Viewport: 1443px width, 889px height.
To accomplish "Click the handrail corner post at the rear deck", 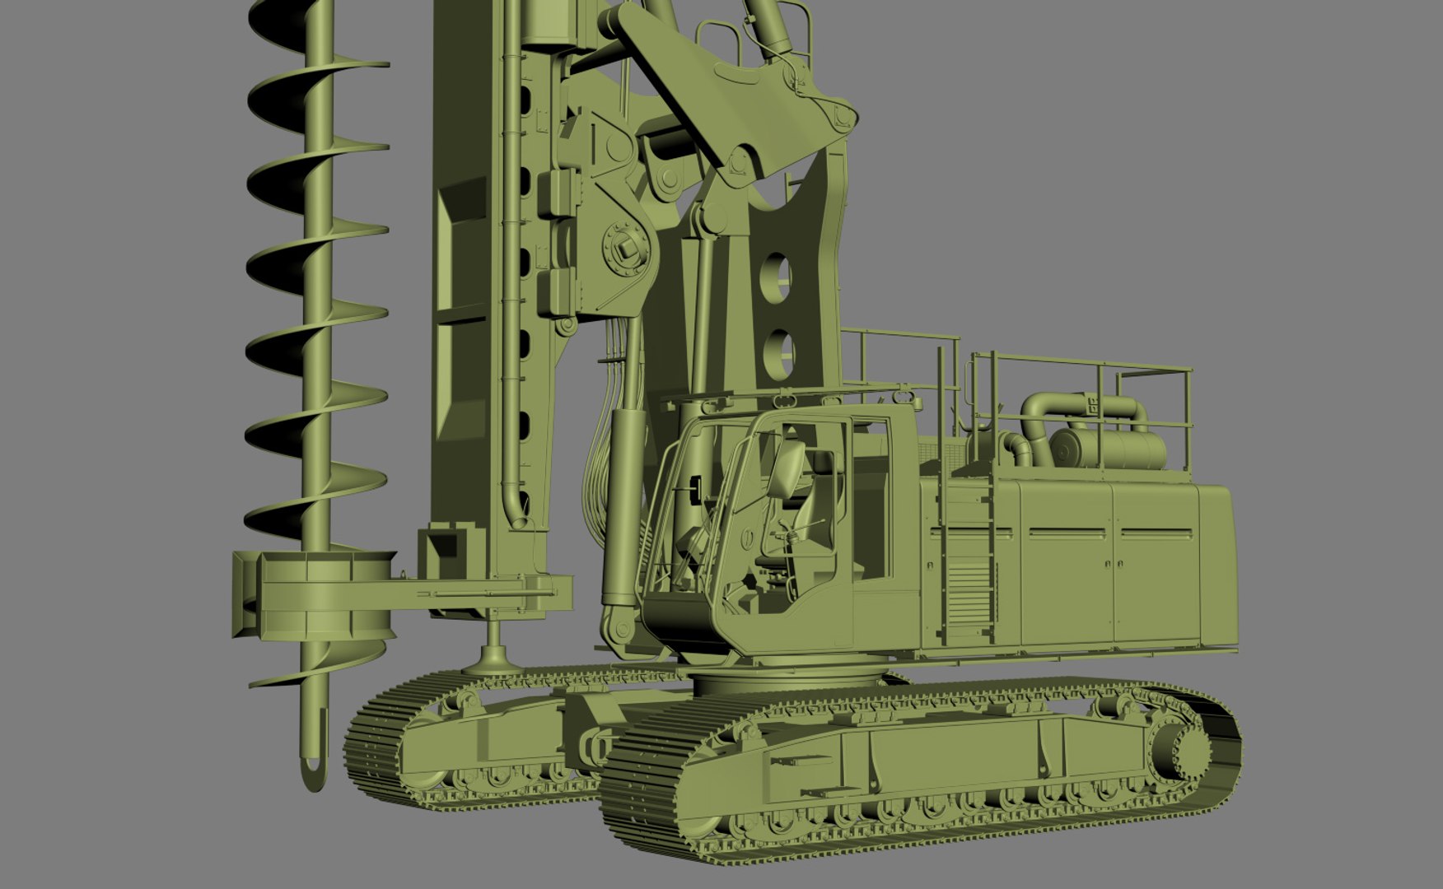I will (1189, 420).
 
